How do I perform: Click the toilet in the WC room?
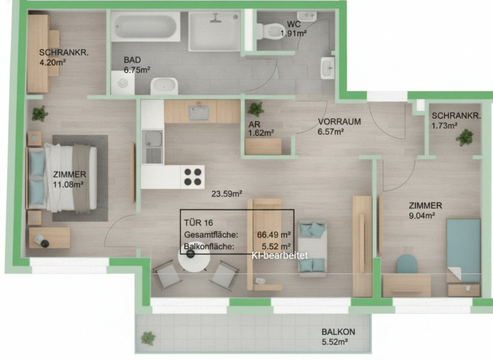(x=270, y=31)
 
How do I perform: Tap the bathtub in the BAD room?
(x=145, y=27)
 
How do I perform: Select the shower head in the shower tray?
(x=215, y=18)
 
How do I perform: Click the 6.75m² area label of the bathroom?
(x=137, y=70)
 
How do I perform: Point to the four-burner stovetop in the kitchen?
(x=193, y=177)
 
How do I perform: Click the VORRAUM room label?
(x=339, y=122)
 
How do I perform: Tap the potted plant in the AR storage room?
(x=255, y=109)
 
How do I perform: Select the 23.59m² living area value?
(x=227, y=193)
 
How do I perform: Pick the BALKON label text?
(x=338, y=332)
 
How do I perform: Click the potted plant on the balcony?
(x=148, y=338)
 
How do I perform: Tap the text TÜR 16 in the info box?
(x=198, y=223)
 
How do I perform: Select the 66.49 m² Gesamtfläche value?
(x=273, y=234)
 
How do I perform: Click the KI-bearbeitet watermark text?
(x=280, y=256)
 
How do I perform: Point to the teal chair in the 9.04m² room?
(x=407, y=264)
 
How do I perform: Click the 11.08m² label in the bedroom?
(x=68, y=184)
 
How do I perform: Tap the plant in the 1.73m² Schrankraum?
(x=465, y=137)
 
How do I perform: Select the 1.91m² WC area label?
(x=294, y=33)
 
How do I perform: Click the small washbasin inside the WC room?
(x=307, y=16)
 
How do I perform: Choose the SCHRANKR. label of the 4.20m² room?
(x=64, y=53)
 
